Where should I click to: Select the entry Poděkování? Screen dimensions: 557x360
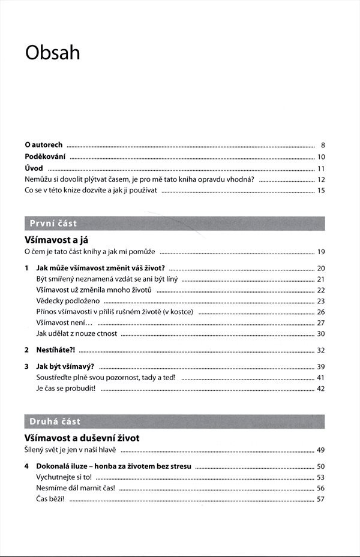(46, 156)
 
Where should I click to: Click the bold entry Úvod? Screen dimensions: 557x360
(34, 168)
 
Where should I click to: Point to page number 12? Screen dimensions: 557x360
(321, 179)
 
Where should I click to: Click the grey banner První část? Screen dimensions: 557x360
(174, 224)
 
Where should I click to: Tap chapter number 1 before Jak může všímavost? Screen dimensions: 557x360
(26, 268)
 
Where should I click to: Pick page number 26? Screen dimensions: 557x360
(321, 312)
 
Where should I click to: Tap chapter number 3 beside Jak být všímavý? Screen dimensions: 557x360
(26, 366)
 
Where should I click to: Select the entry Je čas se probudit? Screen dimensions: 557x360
(66, 389)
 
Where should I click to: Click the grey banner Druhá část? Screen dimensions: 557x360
(174, 421)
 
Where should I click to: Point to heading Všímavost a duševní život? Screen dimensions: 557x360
(82, 438)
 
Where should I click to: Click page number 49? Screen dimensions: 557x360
(321, 450)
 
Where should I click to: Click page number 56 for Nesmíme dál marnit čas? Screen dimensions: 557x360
(321, 488)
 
